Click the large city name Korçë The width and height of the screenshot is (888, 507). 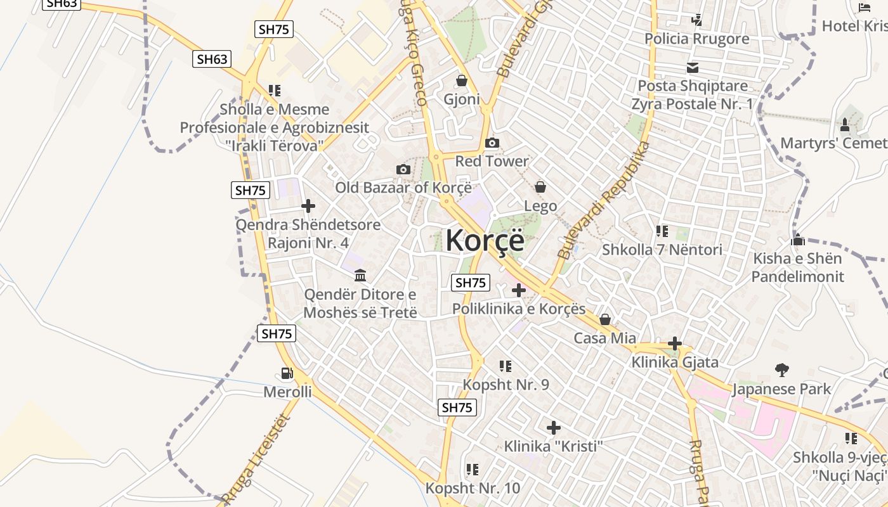pyautogui.click(x=485, y=241)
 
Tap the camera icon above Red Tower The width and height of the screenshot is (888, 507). pyautogui.click(x=492, y=143)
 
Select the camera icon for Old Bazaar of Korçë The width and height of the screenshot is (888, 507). pyautogui.click(x=403, y=169)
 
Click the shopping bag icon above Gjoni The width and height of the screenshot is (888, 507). pyautogui.click(x=461, y=81)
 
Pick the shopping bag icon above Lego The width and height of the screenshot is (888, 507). pyautogui.click(x=540, y=187)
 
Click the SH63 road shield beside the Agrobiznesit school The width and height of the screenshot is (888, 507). pyautogui.click(x=212, y=60)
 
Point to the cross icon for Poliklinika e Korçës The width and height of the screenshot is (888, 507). pyautogui.click(x=519, y=290)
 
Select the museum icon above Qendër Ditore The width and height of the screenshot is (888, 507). pyautogui.click(x=360, y=275)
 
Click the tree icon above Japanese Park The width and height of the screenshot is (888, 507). pyautogui.click(x=781, y=369)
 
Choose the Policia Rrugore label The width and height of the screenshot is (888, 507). pyautogui.click(x=696, y=39)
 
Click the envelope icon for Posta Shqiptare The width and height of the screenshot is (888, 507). pyautogui.click(x=693, y=67)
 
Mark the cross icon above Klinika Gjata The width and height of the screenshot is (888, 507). pyautogui.click(x=675, y=344)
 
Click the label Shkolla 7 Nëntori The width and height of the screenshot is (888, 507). pyautogui.click(x=662, y=250)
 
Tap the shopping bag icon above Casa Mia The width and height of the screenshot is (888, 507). pyautogui.click(x=605, y=319)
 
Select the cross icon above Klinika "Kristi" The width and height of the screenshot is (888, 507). pyautogui.click(x=553, y=428)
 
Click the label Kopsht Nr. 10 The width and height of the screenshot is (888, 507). pyautogui.click(x=473, y=489)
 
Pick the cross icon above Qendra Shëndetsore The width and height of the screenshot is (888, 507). pyautogui.click(x=308, y=206)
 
